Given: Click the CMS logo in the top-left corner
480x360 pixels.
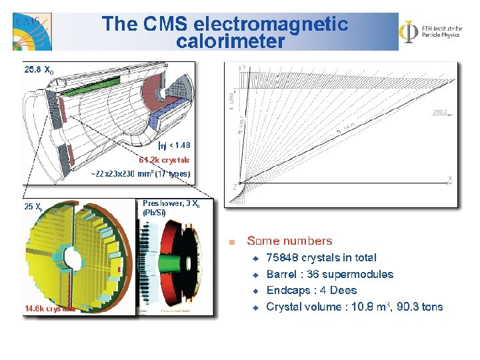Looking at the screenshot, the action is coord(31,31).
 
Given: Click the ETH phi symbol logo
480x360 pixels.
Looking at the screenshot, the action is coord(408,31).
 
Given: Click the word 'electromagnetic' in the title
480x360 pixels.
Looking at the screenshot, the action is coord(271,25).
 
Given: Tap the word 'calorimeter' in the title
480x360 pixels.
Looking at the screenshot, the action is coord(231,41).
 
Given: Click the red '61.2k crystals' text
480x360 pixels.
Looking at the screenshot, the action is coord(164,160).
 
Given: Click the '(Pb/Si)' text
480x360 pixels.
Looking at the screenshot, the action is coord(155,213).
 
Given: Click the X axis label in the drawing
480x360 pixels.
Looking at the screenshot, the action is coord(450,178).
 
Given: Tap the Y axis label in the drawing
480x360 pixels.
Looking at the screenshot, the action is coord(243,67).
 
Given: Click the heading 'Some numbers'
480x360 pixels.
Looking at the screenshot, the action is coord(289,241).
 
